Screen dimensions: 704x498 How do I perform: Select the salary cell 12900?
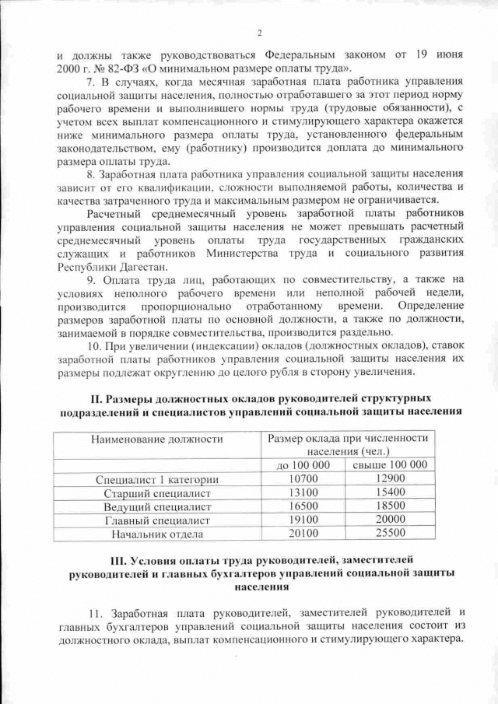click(390, 478)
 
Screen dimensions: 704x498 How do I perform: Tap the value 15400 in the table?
click(390, 492)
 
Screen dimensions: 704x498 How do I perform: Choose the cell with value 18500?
click(390, 506)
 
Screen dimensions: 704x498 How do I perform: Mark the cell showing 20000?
click(390, 520)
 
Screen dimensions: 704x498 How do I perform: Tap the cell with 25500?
click(390, 534)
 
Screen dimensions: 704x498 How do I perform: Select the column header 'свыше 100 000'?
click(390, 465)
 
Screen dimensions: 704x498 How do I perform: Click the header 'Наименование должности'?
click(157, 440)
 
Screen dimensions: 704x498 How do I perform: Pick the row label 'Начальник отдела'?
click(157, 534)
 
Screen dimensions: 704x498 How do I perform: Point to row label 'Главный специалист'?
click(157, 520)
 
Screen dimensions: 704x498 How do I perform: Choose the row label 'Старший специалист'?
click(157, 493)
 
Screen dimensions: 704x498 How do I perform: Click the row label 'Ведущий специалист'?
click(157, 507)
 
